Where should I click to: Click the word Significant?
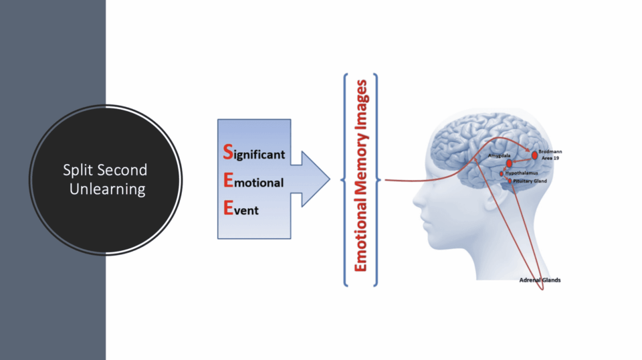tap(254, 154)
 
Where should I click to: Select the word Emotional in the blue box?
tap(253, 182)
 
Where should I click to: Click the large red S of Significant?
tap(227, 153)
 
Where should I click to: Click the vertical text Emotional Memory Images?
tap(361, 176)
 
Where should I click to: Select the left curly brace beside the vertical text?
tap(344, 179)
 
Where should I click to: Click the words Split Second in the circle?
tap(105, 170)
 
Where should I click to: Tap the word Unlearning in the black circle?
tap(107, 189)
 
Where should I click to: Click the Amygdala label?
tap(499, 156)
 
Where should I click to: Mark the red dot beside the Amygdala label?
tap(510, 163)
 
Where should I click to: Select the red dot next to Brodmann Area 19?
tap(534, 155)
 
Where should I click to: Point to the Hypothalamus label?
tap(522, 173)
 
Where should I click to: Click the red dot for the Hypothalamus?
tap(502, 174)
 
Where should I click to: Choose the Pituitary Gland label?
tap(530, 181)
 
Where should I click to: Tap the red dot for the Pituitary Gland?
tap(510, 181)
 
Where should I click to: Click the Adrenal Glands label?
tap(540, 280)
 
